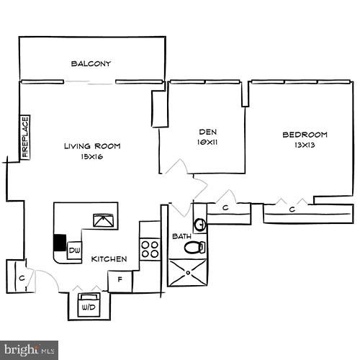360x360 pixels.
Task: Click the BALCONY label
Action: (x=91, y=64)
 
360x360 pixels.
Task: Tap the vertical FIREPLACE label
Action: (x=24, y=137)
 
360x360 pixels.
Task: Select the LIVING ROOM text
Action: (x=91, y=146)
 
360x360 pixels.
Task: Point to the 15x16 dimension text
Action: (x=91, y=156)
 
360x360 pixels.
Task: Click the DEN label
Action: (x=208, y=132)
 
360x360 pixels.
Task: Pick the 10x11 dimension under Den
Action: (x=208, y=143)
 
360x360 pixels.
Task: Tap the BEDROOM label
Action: (x=305, y=135)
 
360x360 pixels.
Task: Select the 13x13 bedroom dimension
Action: (x=305, y=145)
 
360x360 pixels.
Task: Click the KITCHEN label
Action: (x=110, y=259)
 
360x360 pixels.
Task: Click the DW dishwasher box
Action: (x=73, y=251)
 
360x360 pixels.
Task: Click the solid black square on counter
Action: (x=60, y=243)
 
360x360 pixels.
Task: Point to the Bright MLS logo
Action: (x=30, y=349)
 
